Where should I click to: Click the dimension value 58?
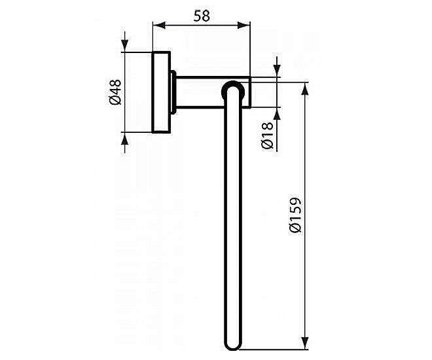click(202, 16)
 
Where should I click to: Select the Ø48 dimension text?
click(115, 92)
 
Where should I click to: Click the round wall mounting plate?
click(159, 92)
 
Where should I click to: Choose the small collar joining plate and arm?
click(171, 92)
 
